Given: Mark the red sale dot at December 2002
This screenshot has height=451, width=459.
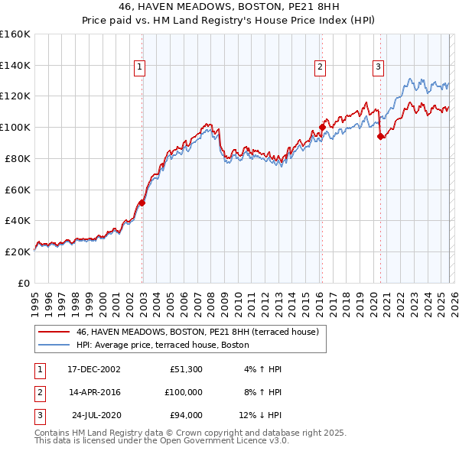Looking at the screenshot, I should pos(142,203).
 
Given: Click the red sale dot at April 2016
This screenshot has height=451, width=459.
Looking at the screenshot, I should pos(322,127).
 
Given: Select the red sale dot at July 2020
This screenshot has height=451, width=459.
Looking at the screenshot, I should pos(380,136).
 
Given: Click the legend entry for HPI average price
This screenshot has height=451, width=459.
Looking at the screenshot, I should pos(162,345).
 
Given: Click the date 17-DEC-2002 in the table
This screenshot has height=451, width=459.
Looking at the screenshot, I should pos(94,369).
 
